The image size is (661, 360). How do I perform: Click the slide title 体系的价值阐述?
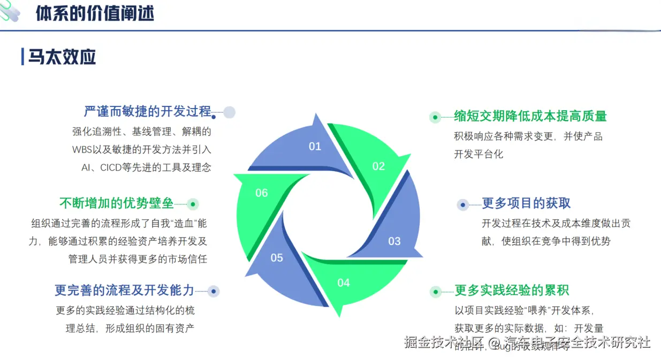point(95,13)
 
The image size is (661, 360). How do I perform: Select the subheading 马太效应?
point(62,56)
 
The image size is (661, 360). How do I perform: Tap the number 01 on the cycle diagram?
point(315,146)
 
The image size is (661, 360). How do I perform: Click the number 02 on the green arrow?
point(378,166)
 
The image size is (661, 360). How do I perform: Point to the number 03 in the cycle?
point(394,241)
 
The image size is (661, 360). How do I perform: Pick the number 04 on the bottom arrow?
point(343,282)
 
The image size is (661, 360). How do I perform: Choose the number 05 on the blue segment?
point(277,258)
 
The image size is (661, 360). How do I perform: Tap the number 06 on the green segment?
point(261,193)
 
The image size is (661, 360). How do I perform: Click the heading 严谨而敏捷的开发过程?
point(148,111)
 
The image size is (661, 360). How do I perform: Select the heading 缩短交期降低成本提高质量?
point(530,116)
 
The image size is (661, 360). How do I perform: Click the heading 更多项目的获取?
point(526,203)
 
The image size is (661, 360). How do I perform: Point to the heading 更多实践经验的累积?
point(512,290)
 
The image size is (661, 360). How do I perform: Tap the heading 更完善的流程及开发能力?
point(124,290)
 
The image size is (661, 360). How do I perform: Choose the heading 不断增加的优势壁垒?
point(116,203)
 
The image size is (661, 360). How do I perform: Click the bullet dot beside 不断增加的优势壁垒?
point(193,204)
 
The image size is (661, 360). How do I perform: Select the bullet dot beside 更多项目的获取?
point(463,204)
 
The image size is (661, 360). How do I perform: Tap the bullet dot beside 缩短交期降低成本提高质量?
point(436,117)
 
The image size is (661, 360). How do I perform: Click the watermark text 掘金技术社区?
point(444,342)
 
